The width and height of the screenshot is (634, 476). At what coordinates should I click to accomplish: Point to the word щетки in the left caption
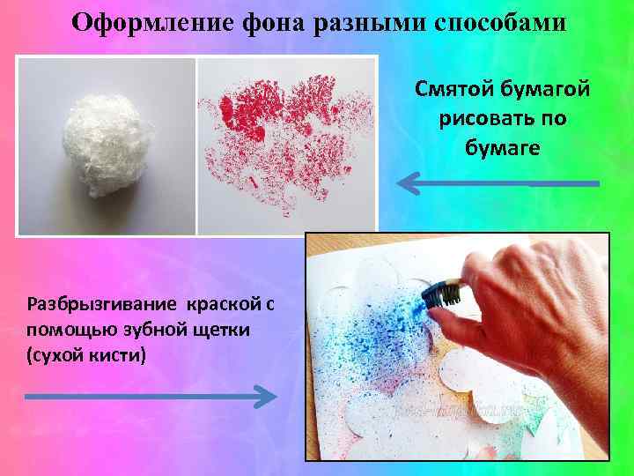click(x=225, y=330)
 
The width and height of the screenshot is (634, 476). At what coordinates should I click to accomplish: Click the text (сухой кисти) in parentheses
click(x=85, y=355)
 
